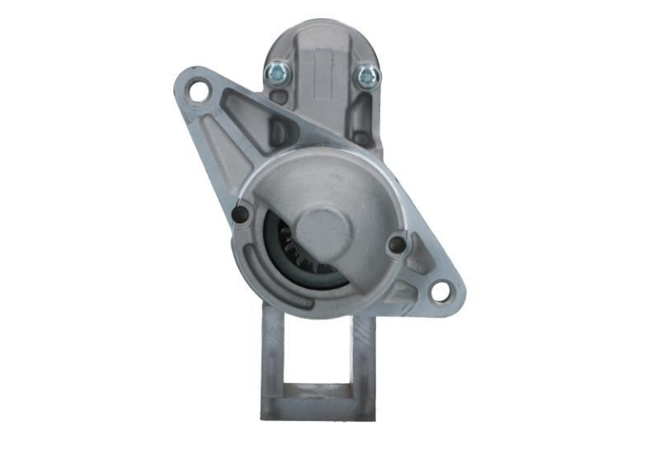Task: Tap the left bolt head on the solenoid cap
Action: (x=276, y=73)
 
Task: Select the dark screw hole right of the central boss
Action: (x=397, y=245)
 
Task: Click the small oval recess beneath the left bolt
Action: (x=279, y=97)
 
